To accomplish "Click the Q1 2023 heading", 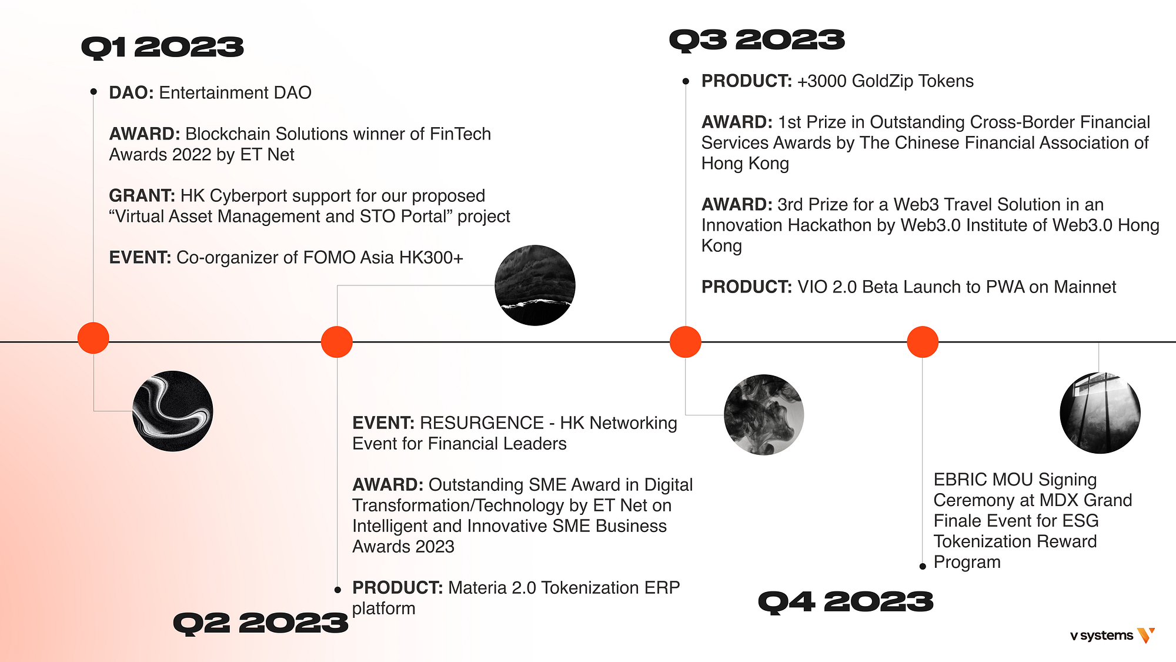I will pyautogui.click(x=162, y=48).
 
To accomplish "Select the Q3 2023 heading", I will pyautogui.click(x=757, y=41).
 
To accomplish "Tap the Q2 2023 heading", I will pyautogui.click(x=260, y=623).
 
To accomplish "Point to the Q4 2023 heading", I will pyautogui.click(x=846, y=602).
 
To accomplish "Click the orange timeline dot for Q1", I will pyautogui.click(x=93, y=338).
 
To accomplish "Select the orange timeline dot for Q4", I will pyautogui.click(x=922, y=342).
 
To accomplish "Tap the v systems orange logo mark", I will pyautogui.click(x=1146, y=635).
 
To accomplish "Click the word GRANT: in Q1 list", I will pyautogui.click(x=142, y=196).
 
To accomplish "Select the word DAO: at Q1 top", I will pyautogui.click(x=131, y=93).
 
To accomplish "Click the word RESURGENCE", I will pyautogui.click(x=482, y=423).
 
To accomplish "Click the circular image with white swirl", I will pyautogui.click(x=173, y=411).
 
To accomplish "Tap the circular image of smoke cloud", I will pyautogui.click(x=764, y=415).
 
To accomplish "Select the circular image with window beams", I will pyautogui.click(x=1100, y=413).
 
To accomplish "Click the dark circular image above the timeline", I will pyautogui.click(x=534, y=285).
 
